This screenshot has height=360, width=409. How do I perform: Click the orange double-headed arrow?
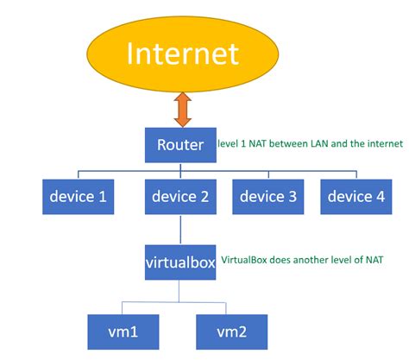click(181, 110)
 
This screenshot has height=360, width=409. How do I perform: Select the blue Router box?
click(180, 145)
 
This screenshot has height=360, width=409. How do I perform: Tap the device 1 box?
click(79, 197)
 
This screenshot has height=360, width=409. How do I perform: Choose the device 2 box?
click(180, 197)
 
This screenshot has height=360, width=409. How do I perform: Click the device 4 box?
click(354, 197)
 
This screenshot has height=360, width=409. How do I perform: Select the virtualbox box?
click(180, 262)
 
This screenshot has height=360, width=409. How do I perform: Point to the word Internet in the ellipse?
click(181, 54)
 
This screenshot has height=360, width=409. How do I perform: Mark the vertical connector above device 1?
click(79, 172)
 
